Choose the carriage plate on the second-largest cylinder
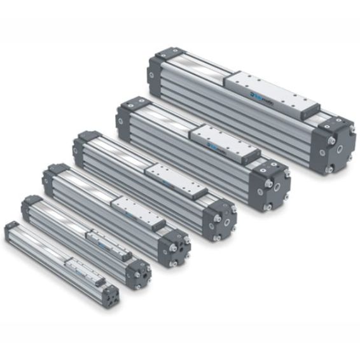[x=216, y=141]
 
